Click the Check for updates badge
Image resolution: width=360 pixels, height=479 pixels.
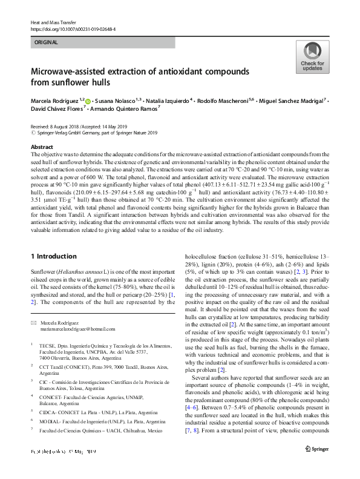(x=312, y=57)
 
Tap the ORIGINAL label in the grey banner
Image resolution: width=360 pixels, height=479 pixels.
(x=47, y=42)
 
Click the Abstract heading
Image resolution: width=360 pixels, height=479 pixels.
(x=42, y=147)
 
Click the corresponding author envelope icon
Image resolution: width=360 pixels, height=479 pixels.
(x=34, y=323)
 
